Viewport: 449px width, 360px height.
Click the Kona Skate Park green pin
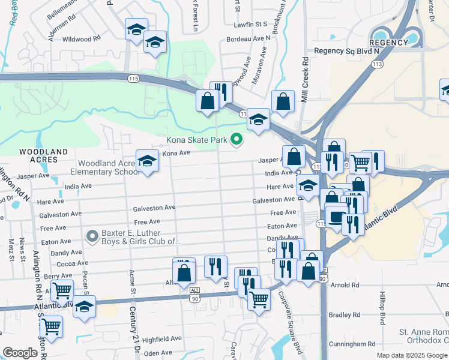click(237, 140)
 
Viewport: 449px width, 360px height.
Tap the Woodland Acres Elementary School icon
click(146, 161)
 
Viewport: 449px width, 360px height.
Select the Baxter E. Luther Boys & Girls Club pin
click(92, 236)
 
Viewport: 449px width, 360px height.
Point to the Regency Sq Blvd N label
click(343, 52)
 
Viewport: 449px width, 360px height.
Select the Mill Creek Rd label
click(305, 80)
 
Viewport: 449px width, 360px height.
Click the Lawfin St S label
click(250, 25)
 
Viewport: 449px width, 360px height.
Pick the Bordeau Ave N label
click(249, 38)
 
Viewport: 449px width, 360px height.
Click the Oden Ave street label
click(158, 353)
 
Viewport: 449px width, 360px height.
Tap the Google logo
click(20, 353)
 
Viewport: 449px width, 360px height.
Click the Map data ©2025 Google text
click(411, 355)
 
